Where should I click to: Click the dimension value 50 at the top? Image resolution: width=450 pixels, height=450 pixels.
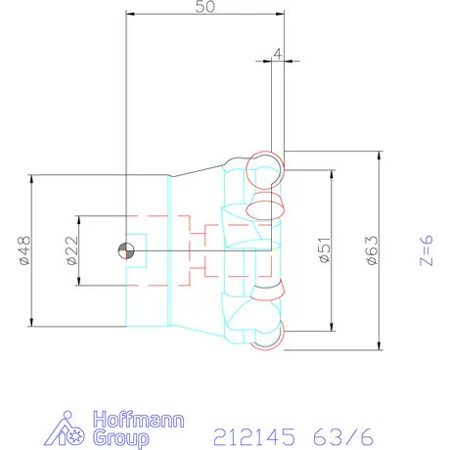[x=204, y=8]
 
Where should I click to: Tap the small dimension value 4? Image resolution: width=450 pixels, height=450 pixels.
[x=278, y=54]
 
